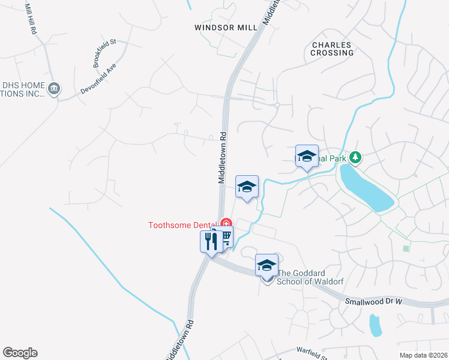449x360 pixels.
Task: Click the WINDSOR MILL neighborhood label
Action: tap(226, 27)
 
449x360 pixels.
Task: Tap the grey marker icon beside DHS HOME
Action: tap(54, 89)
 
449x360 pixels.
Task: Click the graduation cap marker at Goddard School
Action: tap(267, 265)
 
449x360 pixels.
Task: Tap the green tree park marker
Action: tap(357, 157)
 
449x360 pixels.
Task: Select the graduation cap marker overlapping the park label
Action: tap(307, 156)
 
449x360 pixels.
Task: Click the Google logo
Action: tap(20, 353)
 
